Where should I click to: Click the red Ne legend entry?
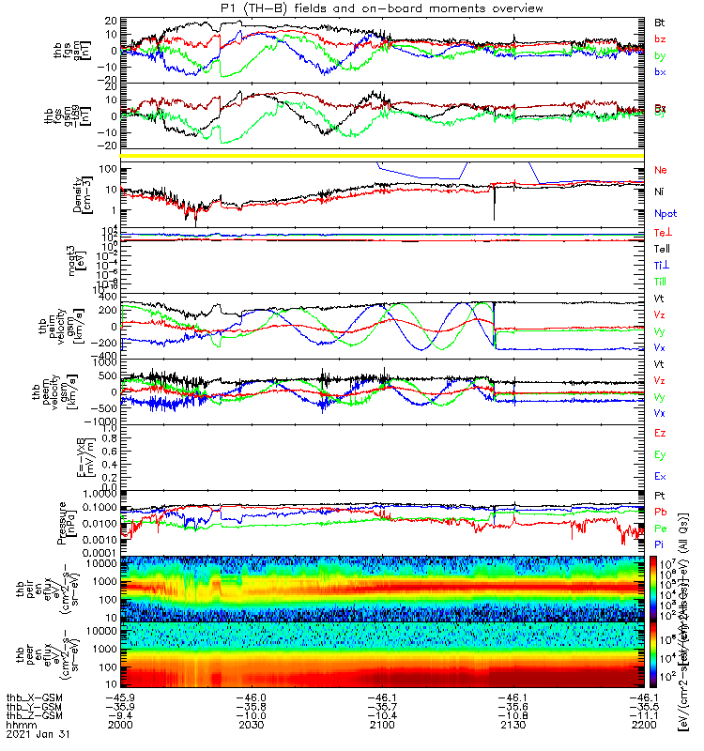pos(660,171)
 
